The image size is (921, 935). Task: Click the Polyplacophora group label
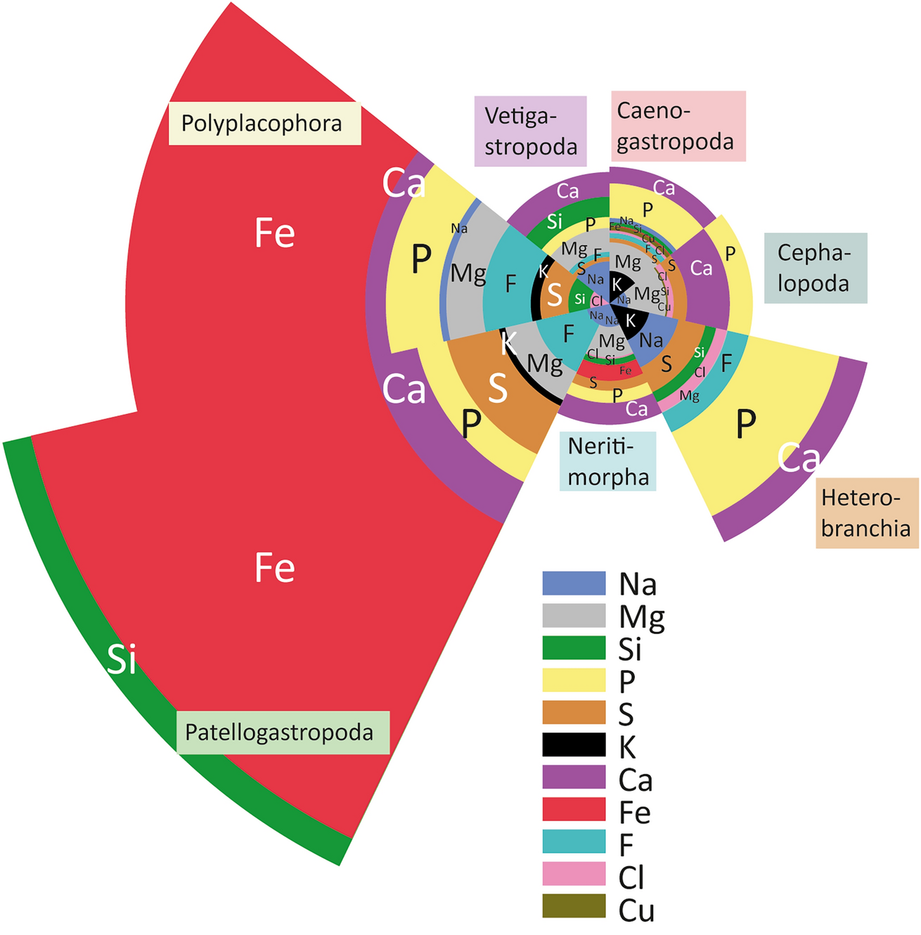[x=264, y=124]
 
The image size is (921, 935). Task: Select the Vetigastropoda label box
[x=530, y=131]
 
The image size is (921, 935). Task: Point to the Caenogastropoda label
[x=677, y=127]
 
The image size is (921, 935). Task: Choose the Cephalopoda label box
[x=815, y=269]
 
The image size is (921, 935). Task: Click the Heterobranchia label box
[x=867, y=513]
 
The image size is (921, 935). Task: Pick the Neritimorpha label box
[x=607, y=461]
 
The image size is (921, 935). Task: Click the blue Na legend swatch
[x=574, y=583]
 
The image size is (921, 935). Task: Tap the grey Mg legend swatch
[x=574, y=616]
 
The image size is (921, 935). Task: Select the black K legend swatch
[x=574, y=745]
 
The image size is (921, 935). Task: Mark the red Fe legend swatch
[x=574, y=810]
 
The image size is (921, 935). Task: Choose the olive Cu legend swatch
[x=574, y=906]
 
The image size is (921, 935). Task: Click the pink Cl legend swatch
[x=574, y=874]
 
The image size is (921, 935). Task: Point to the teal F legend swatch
[x=574, y=841]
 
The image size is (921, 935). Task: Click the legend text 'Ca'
[x=636, y=780]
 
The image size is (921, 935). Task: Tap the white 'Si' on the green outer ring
[x=121, y=659]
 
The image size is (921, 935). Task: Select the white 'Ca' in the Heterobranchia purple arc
[x=799, y=459]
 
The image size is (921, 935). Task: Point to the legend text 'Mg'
[x=641, y=617]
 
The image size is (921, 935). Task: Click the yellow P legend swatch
[x=574, y=681]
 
